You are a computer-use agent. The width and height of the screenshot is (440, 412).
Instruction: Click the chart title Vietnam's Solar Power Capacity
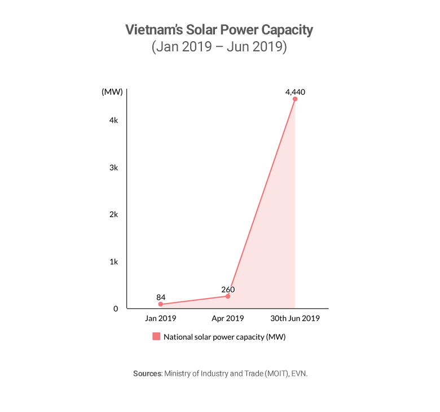point(219,30)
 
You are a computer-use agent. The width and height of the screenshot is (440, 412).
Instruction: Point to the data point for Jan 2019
point(161,304)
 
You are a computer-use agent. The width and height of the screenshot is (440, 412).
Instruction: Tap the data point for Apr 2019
point(228,296)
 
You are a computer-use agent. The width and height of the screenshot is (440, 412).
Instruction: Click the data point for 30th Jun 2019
point(295,99)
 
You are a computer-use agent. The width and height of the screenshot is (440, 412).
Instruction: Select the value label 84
point(161,297)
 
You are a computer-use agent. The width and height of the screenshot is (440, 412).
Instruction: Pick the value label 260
point(228,289)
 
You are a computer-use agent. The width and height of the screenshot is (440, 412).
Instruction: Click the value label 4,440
point(295,91)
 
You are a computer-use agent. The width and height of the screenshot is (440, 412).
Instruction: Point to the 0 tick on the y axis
point(116,309)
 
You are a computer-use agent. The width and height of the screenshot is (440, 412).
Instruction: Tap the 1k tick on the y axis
point(114,262)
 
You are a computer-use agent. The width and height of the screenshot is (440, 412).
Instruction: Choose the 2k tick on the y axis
point(114,214)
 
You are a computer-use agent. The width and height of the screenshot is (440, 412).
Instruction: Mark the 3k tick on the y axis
point(114,168)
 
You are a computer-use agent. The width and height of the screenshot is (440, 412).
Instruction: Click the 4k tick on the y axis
point(114,121)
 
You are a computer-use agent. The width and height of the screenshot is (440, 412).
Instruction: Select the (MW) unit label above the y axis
point(112,92)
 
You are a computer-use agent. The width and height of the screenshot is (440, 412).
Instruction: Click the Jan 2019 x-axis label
point(161,318)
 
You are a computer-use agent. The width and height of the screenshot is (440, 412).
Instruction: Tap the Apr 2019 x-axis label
point(228,318)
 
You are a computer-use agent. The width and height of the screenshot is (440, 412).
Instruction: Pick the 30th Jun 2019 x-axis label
point(295,318)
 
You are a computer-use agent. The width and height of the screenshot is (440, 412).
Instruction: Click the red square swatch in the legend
point(156,337)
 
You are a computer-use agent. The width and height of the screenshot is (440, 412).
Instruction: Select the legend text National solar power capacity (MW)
point(225,337)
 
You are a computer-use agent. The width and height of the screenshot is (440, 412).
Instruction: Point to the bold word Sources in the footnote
point(147,374)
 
